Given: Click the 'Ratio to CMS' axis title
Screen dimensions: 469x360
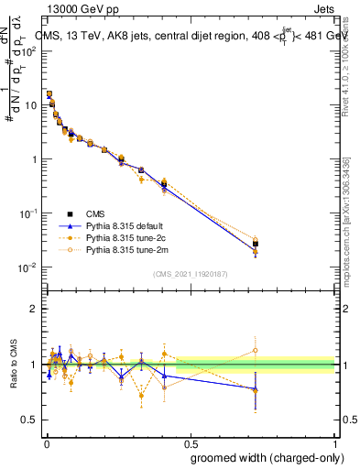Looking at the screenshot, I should click(x=13, y=364).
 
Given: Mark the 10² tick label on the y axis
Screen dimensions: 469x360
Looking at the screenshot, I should click(x=30, y=50).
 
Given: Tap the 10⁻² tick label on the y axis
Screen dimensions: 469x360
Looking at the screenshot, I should click(x=29, y=267).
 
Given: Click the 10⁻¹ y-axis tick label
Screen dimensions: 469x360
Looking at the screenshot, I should click(x=29, y=213).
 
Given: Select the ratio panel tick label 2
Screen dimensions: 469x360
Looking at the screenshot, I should click(x=34, y=309).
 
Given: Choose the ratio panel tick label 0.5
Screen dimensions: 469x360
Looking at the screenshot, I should click(x=29, y=420).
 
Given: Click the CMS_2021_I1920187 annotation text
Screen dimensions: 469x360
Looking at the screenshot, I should click(x=190, y=274).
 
